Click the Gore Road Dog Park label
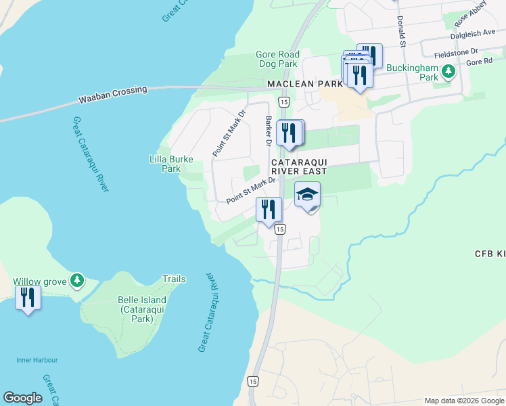[277, 60]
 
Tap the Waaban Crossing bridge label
[113, 94]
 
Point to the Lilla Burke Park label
[171, 164]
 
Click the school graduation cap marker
[307, 195]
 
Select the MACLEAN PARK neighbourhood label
[306, 84]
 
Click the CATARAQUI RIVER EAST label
[299, 167]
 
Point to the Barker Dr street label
[269, 130]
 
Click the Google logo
[22, 398]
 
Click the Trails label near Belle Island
[174, 279]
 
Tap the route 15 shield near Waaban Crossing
[283, 101]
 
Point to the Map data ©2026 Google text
[463, 401]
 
